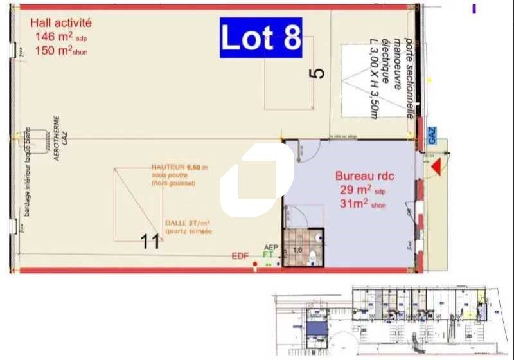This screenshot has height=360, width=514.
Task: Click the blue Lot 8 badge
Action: pyautogui.click(x=261, y=38)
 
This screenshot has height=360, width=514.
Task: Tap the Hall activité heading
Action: pyautogui.click(x=62, y=23)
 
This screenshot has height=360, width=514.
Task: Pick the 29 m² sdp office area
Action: pyautogui.click(x=363, y=190)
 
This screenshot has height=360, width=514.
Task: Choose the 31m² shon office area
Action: pyautogui.click(x=363, y=204)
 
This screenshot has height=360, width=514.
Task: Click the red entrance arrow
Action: pyautogui.click(x=436, y=168)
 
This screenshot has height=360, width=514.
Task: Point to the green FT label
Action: pyautogui.click(x=269, y=255)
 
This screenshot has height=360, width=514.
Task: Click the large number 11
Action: pyautogui.click(x=150, y=242)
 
